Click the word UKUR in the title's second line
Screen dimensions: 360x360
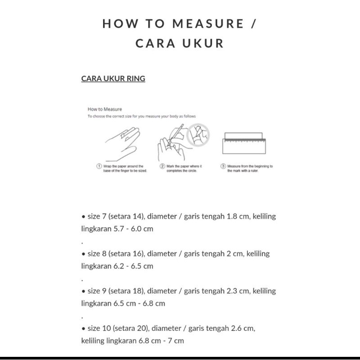201,44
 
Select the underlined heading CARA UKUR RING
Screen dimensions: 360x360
113,78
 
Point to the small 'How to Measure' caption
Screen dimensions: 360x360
104,109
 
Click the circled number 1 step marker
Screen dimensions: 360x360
99,166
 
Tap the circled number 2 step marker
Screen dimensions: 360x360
162,166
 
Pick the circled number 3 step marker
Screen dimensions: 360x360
223,166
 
